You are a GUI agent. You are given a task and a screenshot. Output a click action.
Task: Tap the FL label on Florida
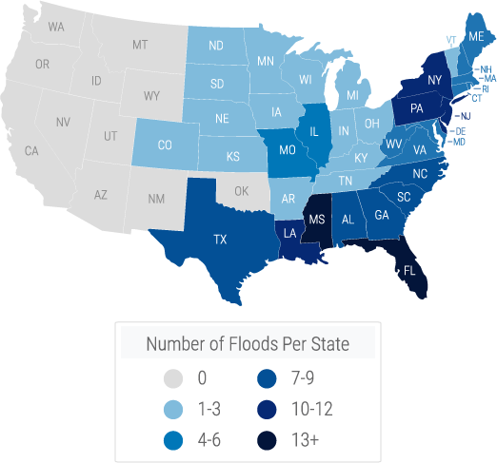(x=409, y=270)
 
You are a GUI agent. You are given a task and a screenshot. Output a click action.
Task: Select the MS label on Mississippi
(x=318, y=220)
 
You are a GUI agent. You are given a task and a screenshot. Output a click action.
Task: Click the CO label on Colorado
(x=165, y=145)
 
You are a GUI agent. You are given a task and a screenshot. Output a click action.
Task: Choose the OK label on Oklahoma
(x=241, y=191)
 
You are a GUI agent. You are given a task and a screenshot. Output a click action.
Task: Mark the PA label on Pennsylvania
(x=416, y=108)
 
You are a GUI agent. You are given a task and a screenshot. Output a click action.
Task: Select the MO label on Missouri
(x=287, y=150)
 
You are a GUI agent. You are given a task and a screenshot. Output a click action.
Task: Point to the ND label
(x=216, y=46)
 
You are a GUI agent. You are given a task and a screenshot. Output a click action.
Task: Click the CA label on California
(x=31, y=150)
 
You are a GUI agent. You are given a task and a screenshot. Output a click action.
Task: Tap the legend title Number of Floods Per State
(x=247, y=343)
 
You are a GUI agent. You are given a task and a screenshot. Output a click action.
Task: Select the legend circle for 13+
(x=270, y=439)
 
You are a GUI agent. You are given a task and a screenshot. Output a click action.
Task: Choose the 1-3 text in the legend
(x=208, y=409)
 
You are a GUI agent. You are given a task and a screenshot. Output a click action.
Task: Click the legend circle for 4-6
(x=172, y=439)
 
